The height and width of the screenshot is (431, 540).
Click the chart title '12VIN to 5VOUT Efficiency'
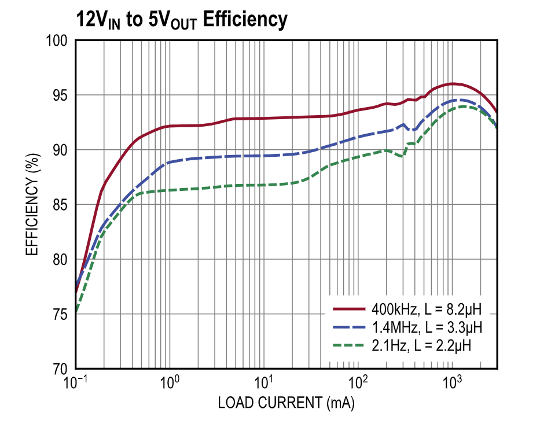(x=182, y=20)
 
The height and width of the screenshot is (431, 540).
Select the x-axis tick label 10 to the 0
(x=169, y=382)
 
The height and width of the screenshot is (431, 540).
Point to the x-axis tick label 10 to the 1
(x=263, y=382)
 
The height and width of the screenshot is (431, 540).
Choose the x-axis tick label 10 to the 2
(x=358, y=382)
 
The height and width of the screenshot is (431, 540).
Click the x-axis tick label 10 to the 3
(x=452, y=382)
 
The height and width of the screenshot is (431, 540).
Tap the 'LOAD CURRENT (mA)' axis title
(x=286, y=403)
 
